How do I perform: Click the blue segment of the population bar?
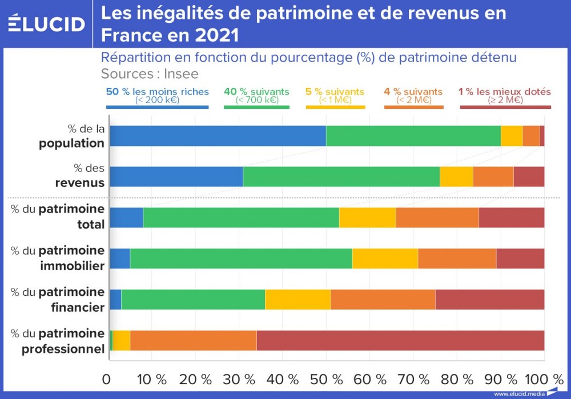218,136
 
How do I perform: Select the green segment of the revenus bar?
341,177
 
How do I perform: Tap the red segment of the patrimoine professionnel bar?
400,340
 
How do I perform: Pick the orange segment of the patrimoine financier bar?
383,299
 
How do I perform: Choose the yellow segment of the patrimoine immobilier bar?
385,258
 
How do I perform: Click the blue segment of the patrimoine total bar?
126,218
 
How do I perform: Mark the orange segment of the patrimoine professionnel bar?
193,340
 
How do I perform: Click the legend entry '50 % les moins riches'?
158,95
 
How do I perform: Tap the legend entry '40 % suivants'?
256,95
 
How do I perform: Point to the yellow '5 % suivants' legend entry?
335,95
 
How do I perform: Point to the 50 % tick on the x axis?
326,379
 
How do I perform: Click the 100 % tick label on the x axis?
544,379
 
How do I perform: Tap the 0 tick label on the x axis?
107,379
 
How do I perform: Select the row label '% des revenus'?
80,176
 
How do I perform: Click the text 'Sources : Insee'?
150,74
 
